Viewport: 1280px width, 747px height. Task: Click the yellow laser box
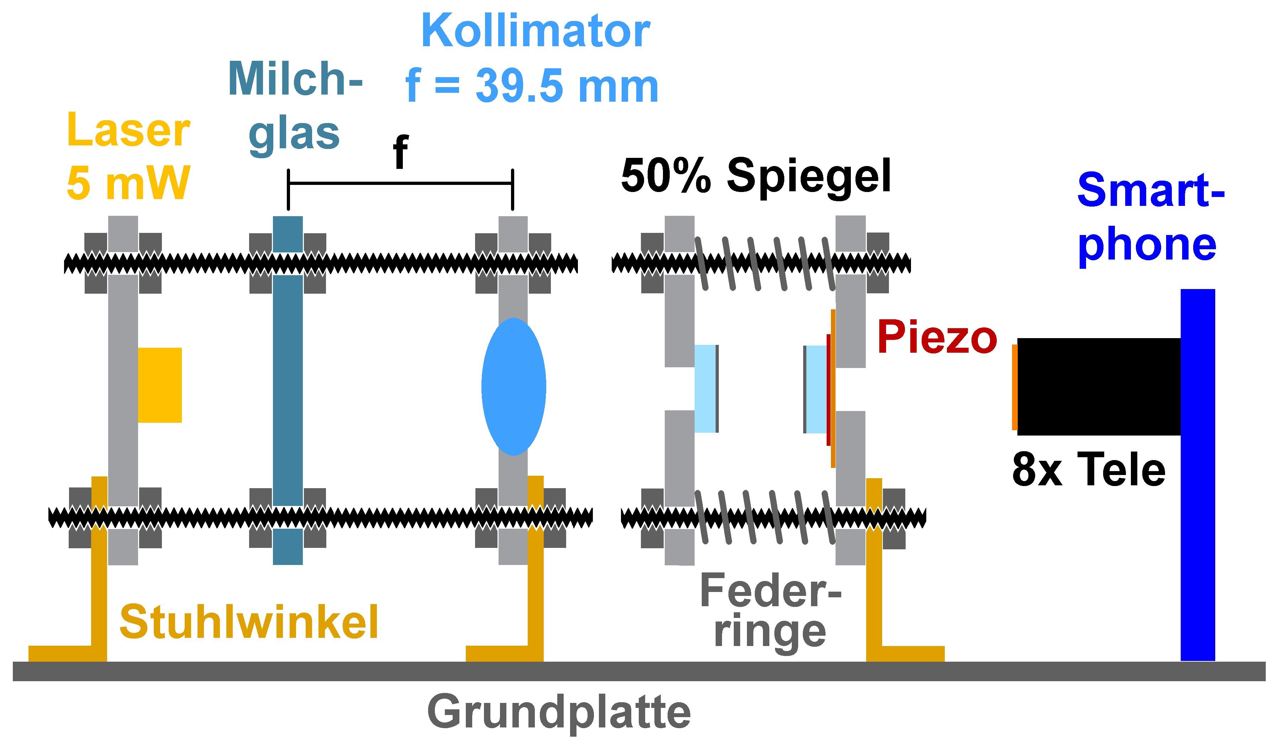(x=159, y=385)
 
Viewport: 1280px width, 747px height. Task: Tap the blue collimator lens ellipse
(x=513, y=387)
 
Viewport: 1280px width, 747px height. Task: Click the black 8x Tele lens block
(x=1099, y=387)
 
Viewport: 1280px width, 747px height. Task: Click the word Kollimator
(x=535, y=31)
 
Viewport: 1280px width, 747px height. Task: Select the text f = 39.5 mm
(x=532, y=86)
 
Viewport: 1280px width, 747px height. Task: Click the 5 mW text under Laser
(x=128, y=183)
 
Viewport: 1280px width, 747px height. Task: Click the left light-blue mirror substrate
(x=705, y=389)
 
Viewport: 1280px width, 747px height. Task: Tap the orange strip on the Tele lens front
(x=1014, y=387)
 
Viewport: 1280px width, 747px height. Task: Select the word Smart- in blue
(x=1150, y=190)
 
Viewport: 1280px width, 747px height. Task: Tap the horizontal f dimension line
(x=401, y=183)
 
